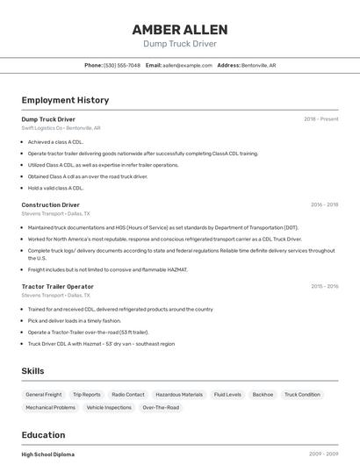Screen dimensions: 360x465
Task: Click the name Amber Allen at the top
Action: click(x=179, y=29)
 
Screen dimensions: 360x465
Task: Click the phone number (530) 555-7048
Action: click(x=122, y=65)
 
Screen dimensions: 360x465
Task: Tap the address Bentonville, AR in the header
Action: click(x=259, y=65)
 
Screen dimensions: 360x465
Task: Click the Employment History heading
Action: click(x=65, y=100)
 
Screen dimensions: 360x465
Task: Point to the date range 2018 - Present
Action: click(x=320, y=119)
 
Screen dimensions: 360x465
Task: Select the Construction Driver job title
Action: click(x=51, y=204)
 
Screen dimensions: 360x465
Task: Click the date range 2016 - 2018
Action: click(x=324, y=204)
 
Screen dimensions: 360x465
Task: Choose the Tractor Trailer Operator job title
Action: click(x=57, y=286)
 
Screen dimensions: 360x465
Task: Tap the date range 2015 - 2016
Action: click(x=324, y=286)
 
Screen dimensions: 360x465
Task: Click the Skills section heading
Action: click(x=33, y=371)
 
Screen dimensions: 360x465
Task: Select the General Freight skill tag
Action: click(x=44, y=395)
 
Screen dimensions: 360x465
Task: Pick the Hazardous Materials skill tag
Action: click(x=179, y=395)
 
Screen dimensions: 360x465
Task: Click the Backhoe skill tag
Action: click(x=263, y=395)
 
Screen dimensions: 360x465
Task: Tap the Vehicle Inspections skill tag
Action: click(x=109, y=408)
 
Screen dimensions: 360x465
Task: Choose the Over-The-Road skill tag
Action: click(x=161, y=408)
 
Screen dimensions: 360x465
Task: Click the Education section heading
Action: click(x=43, y=435)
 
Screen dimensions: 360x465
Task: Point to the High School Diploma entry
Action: click(x=48, y=454)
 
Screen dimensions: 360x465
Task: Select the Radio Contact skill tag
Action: click(x=128, y=395)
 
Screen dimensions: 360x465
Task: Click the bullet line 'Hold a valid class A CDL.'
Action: click(x=55, y=188)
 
